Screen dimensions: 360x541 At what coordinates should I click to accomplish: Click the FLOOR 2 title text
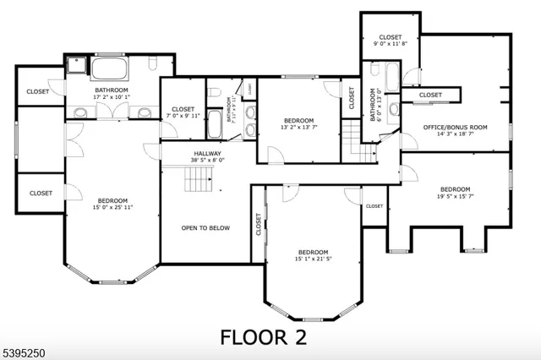coord(264,336)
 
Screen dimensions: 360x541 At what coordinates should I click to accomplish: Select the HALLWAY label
coord(207,153)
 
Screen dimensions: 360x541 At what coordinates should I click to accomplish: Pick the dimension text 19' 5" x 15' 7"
coord(455,197)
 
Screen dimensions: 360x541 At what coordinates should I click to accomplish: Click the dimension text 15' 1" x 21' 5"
coord(312,259)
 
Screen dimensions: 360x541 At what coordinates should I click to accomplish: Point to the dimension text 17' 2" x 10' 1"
coord(111,97)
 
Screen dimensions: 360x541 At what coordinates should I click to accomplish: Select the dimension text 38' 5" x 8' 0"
coord(207,161)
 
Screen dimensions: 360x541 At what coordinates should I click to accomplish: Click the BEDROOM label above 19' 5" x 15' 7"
coord(455,189)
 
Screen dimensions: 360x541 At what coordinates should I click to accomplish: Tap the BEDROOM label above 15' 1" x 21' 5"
coord(312,252)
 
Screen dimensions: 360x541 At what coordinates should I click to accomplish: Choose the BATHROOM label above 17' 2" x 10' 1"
coord(111,90)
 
